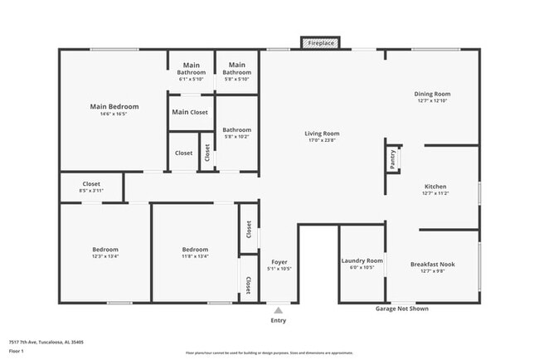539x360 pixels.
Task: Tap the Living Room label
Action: tap(322, 133)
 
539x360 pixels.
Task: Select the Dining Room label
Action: tap(432, 94)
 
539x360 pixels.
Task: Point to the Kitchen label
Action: tap(436, 187)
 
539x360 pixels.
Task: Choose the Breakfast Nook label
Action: tap(432, 265)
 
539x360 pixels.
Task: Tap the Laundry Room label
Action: tap(362, 260)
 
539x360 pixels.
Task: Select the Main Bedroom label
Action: tap(114, 107)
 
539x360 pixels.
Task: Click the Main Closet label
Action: tap(190, 112)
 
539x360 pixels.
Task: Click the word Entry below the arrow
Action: tap(279, 320)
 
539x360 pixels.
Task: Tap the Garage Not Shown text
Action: tap(401, 309)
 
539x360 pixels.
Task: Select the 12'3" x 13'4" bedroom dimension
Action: tap(105, 256)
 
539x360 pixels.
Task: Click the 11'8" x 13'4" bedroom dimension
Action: tap(195, 256)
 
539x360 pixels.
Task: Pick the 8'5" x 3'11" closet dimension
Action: tap(91, 191)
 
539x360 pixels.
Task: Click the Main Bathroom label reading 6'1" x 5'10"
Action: tap(192, 80)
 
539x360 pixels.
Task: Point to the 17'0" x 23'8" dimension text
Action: tap(322, 140)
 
